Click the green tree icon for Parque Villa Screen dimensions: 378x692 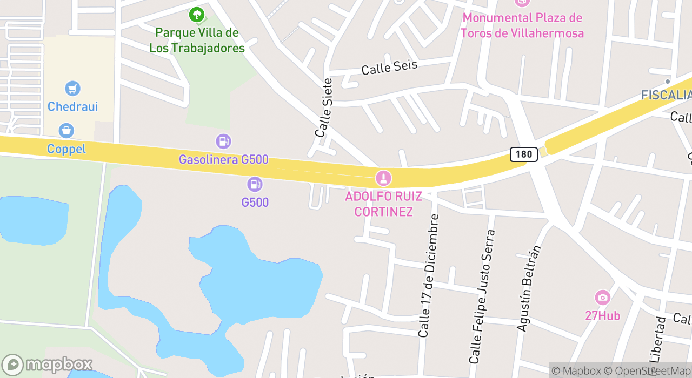[x=197, y=15]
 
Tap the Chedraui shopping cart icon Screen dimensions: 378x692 [x=72, y=89]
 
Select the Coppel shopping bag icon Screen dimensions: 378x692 [x=66, y=131]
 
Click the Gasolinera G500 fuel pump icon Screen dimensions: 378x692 [x=223, y=141]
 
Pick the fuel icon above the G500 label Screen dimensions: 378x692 [x=255, y=184]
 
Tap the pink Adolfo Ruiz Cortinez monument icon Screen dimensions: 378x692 [x=383, y=177]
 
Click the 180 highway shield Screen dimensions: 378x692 [x=523, y=154]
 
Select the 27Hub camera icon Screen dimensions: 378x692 [x=602, y=298]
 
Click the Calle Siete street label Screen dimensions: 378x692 [x=323, y=107]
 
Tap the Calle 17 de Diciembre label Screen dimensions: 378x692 [x=428, y=275]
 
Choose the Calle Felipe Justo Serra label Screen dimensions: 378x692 [x=482, y=296]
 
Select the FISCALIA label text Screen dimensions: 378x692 [x=666, y=95]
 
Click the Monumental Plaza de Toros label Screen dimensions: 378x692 [x=522, y=25]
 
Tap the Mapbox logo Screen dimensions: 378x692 [x=47, y=365]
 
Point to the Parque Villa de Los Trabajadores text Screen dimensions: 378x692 [x=197, y=40]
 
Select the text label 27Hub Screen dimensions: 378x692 [x=602, y=315]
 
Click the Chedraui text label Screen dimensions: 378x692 [x=72, y=106]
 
